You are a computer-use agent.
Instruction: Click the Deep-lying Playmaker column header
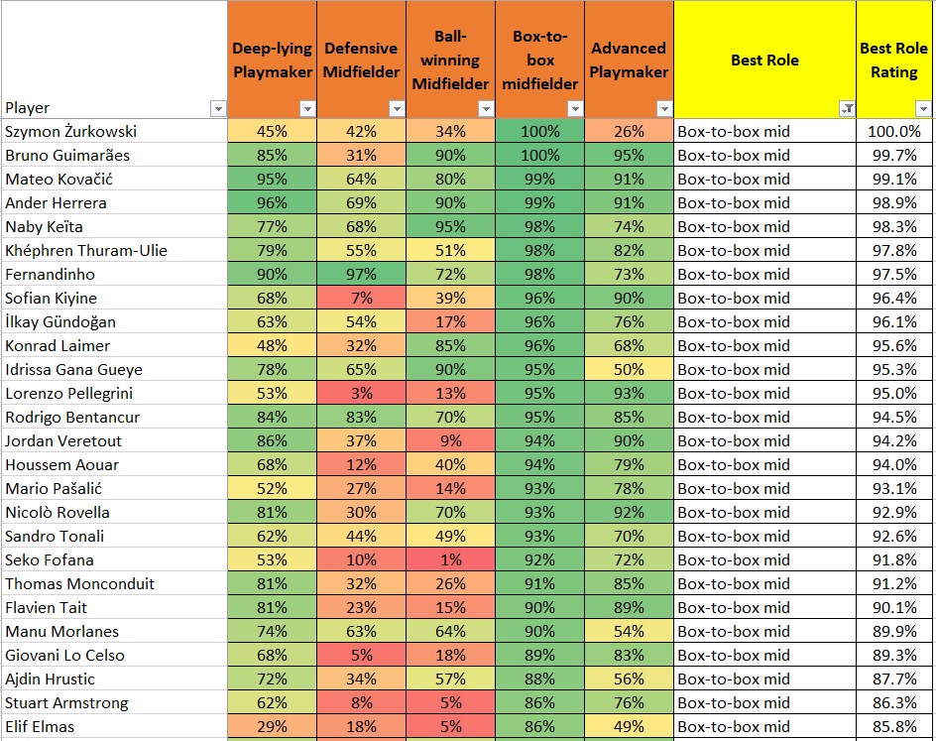(x=272, y=59)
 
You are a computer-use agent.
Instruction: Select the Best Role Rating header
(x=893, y=60)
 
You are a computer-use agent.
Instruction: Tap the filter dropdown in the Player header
(x=218, y=108)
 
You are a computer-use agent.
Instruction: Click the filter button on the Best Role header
(x=847, y=108)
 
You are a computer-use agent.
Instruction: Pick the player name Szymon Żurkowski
(x=70, y=131)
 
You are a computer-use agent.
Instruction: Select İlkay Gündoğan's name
(x=60, y=321)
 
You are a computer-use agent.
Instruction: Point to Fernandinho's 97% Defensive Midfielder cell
(x=361, y=274)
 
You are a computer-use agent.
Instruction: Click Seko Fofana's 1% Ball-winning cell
(x=450, y=559)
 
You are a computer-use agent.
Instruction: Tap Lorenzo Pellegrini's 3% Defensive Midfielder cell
(x=361, y=393)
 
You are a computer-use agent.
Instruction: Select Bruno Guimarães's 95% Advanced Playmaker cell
(x=629, y=155)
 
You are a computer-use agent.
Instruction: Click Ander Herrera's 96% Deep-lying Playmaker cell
(x=272, y=202)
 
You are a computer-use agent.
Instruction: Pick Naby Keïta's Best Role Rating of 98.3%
(x=893, y=226)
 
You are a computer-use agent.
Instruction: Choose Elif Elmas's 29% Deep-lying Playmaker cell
(x=272, y=726)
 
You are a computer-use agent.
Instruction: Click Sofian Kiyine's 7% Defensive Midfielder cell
(x=361, y=298)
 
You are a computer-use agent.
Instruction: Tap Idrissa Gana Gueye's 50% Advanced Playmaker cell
(x=629, y=369)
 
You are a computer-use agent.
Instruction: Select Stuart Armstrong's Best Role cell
(x=763, y=702)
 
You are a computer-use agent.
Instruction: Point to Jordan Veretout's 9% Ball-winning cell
(x=450, y=440)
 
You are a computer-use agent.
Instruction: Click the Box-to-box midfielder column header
(x=539, y=59)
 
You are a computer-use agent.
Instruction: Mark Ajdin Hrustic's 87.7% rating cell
(x=893, y=679)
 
